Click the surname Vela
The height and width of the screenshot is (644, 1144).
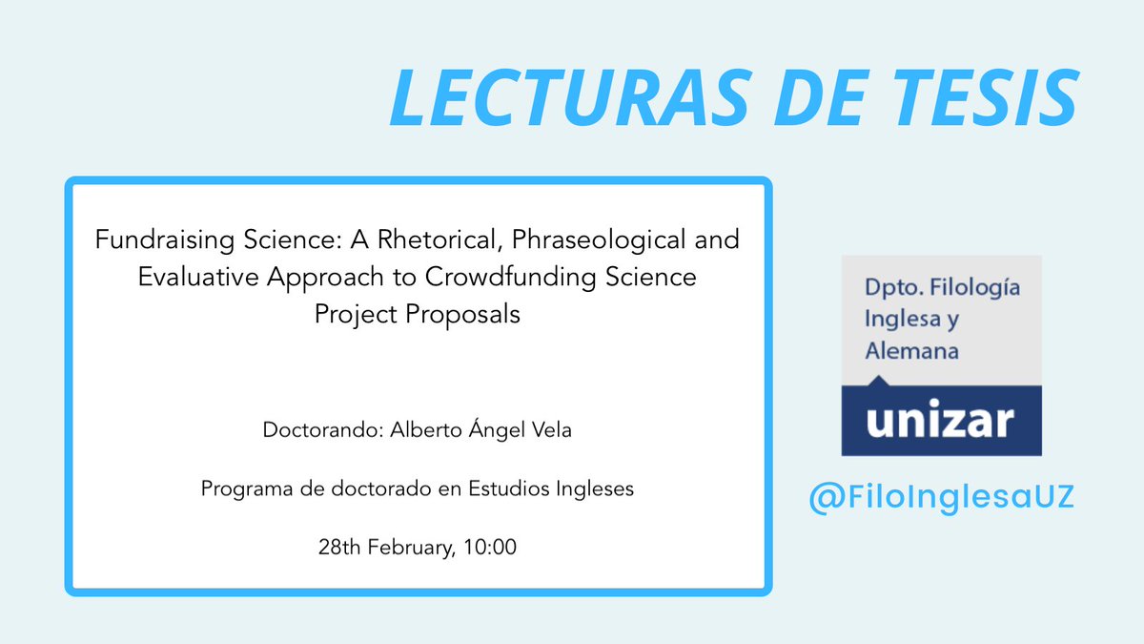550,430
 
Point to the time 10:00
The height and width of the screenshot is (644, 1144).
493,549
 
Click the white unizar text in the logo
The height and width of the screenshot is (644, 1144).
940,420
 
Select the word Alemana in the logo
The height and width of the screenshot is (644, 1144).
910,351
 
